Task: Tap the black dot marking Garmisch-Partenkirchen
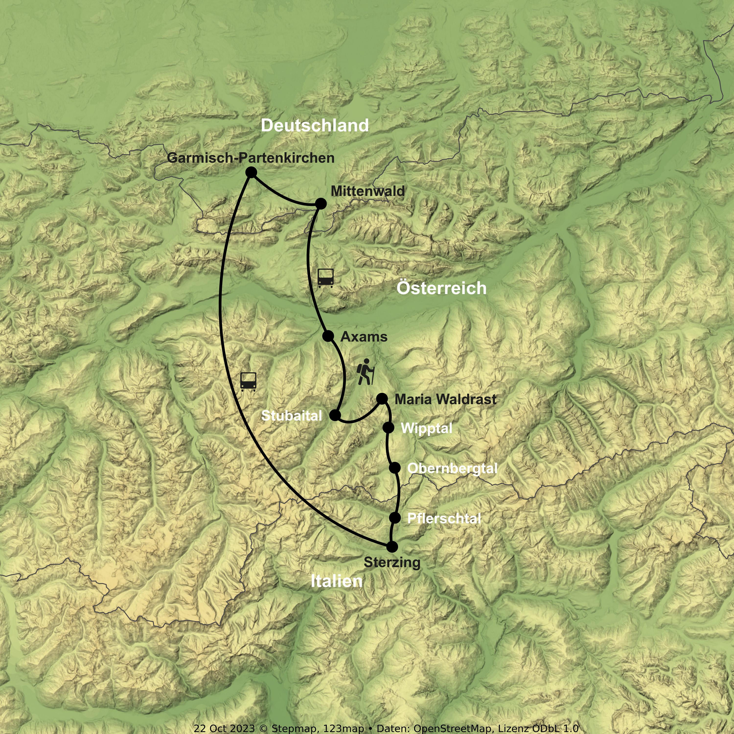click(251, 173)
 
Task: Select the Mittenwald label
click(367, 191)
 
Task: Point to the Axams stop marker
click(328, 336)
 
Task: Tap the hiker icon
click(366, 372)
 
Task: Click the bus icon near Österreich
click(326, 278)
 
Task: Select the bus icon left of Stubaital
click(248, 381)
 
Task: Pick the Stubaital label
click(291, 416)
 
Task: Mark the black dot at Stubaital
click(335, 415)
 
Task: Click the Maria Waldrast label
click(445, 399)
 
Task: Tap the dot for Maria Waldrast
click(382, 399)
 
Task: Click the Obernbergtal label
click(452, 469)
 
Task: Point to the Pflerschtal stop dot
click(395, 517)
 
